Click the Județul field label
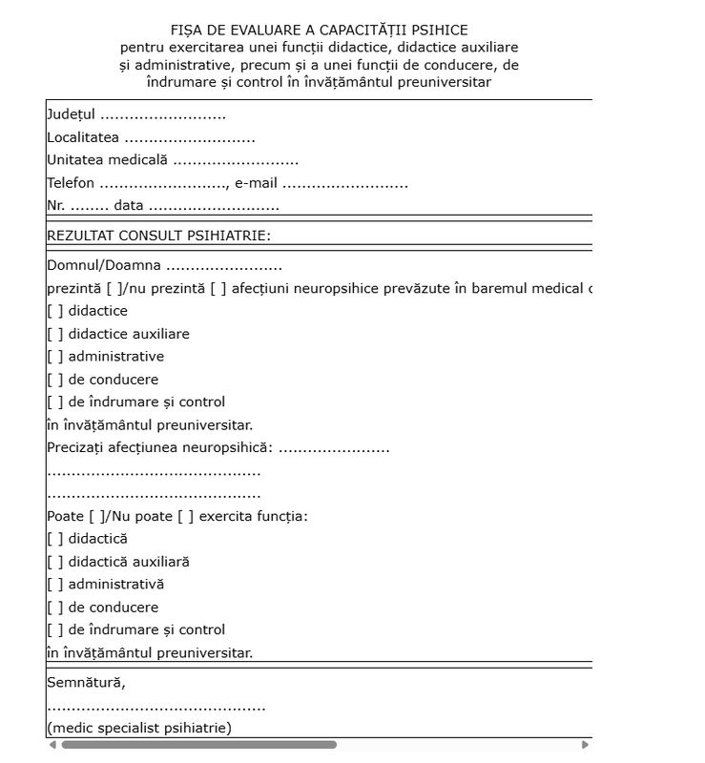(71, 115)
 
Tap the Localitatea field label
(83, 138)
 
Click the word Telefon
(71, 183)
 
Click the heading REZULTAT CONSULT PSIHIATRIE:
(158, 235)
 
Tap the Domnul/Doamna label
(104, 266)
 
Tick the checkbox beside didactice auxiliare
(54, 334)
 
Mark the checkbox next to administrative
(54, 357)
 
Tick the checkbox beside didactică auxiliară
(54, 562)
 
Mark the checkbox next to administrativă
(54, 585)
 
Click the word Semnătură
(86, 683)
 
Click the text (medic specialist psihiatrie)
(139, 729)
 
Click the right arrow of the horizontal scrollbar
(585, 745)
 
